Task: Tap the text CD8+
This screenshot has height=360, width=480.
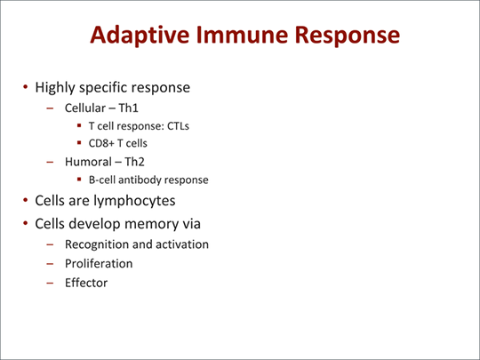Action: coord(102,143)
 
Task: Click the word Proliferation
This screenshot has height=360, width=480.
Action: coord(98,263)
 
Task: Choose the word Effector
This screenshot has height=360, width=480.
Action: coord(85,283)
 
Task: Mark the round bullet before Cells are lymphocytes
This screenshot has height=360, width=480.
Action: coord(26,201)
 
